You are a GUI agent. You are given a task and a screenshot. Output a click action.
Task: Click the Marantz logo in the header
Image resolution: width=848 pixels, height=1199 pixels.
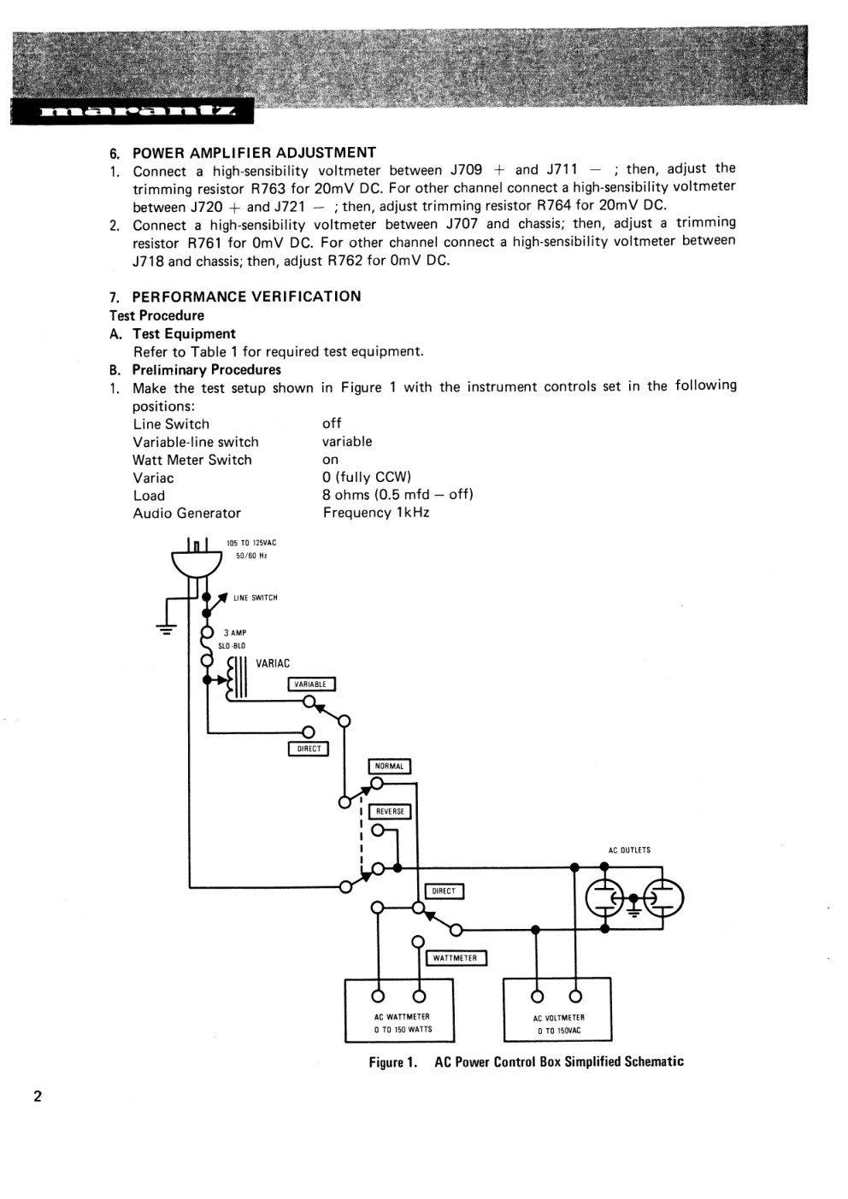point(132,112)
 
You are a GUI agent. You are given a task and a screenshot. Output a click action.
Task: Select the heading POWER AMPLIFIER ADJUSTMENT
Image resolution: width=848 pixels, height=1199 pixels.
point(254,153)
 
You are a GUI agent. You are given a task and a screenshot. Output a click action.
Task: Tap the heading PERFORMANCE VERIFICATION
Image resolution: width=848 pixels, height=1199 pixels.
point(246,297)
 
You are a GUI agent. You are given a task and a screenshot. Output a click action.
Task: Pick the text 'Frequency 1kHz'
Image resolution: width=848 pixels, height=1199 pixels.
point(376,513)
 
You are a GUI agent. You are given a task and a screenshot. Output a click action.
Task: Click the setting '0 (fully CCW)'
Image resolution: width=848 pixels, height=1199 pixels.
point(367,477)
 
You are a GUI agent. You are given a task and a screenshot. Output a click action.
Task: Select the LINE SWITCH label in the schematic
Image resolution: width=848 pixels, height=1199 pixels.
point(255,598)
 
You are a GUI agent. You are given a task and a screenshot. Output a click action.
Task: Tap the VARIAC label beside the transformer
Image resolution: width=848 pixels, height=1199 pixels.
point(273,663)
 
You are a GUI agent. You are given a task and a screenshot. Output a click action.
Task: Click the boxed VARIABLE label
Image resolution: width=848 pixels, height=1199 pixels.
point(311,685)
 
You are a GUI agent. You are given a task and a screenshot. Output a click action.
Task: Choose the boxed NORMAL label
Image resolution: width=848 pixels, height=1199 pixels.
point(390,767)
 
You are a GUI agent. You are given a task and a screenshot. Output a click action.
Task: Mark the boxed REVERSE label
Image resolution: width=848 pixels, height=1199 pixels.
point(390,812)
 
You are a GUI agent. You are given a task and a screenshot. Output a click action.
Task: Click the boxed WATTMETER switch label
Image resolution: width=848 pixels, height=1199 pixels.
point(456,958)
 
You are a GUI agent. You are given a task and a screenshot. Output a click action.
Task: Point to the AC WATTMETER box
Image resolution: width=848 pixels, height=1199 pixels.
point(399,1010)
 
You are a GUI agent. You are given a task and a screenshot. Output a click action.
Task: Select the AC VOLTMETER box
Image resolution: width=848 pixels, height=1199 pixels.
point(557,1010)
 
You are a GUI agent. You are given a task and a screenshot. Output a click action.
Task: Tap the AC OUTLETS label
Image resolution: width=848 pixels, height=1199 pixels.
point(629,850)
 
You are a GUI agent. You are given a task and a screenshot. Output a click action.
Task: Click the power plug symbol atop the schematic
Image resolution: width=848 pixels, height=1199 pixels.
point(197,560)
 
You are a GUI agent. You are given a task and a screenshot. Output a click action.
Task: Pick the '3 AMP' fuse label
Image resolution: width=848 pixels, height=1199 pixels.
point(235,633)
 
